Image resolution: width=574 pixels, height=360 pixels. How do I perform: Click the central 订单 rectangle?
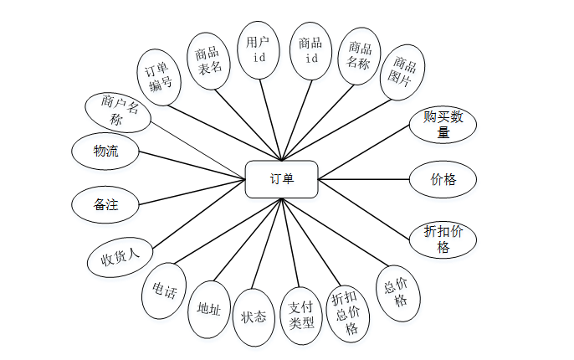(x=281, y=178)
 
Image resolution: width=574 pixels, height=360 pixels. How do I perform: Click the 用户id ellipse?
(x=259, y=49)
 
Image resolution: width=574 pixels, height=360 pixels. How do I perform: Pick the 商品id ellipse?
(x=310, y=50)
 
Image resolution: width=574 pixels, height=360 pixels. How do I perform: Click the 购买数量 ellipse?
(x=443, y=124)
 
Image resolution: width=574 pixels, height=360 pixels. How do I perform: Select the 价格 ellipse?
(x=443, y=179)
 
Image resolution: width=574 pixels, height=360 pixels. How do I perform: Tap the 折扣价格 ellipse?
(x=443, y=239)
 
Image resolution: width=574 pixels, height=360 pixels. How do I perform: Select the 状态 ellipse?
(x=254, y=317)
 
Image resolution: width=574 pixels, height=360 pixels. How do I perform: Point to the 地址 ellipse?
(x=208, y=310)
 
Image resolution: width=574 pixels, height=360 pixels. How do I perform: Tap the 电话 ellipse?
(x=164, y=291)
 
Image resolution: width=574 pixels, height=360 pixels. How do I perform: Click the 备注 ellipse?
(x=105, y=204)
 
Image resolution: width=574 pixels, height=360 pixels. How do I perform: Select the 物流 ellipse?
(x=105, y=152)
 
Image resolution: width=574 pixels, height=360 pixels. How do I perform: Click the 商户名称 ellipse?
(x=118, y=111)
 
